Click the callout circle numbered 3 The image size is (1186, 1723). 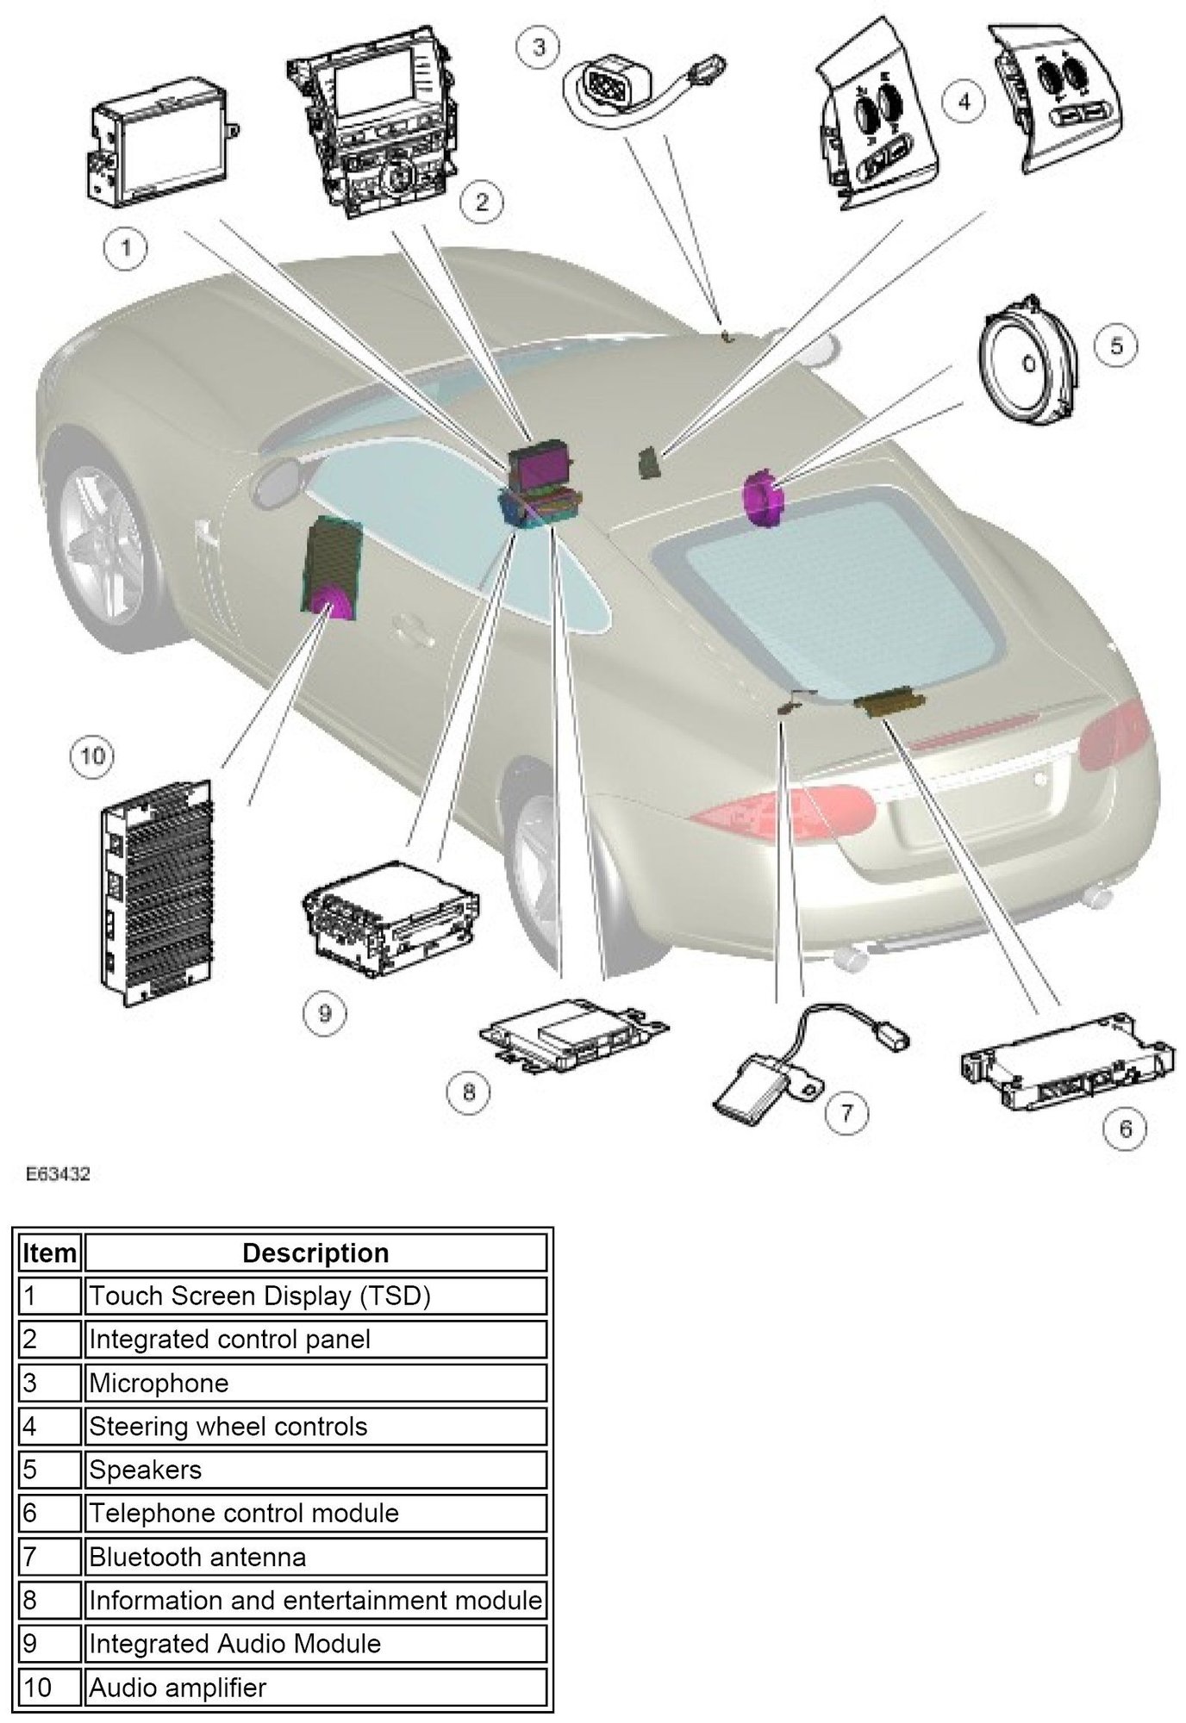coord(538,45)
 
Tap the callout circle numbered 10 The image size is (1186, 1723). coord(92,756)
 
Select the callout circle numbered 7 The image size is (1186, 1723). coord(846,1113)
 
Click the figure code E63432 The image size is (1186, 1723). coord(58,1174)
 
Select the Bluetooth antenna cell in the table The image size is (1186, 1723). coord(315,1558)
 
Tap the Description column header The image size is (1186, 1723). coord(315,1253)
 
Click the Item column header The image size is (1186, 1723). coord(49,1253)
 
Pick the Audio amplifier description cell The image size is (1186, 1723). coord(315,1688)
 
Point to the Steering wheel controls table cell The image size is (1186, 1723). coord(315,1428)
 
